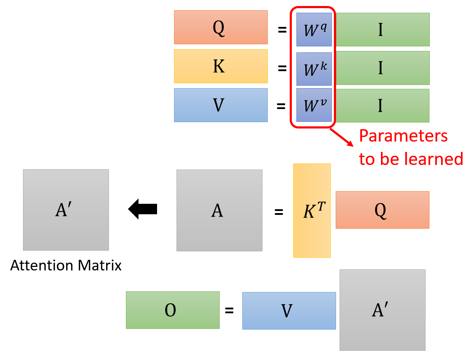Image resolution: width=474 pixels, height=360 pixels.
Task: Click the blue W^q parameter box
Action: click(x=314, y=29)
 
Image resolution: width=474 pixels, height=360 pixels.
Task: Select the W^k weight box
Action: click(x=314, y=69)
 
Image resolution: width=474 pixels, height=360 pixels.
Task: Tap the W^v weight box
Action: click(x=314, y=105)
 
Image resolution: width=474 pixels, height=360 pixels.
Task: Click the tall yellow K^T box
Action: click(x=312, y=210)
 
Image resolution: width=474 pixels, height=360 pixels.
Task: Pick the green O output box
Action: click(x=173, y=310)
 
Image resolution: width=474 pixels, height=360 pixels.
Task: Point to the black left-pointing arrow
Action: click(x=143, y=209)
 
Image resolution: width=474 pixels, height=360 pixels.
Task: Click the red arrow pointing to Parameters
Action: click(x=342, y=137)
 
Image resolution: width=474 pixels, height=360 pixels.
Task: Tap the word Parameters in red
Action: click(x=403, y=136)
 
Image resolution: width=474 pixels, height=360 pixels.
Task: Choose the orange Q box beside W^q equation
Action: click(x=221, y=27)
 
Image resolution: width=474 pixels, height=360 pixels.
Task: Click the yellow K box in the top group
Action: click(x=221, y=66)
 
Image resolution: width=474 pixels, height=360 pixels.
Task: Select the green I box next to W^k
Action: click(x=382, y=68)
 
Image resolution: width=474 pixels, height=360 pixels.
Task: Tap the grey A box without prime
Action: click(x=219, y=210)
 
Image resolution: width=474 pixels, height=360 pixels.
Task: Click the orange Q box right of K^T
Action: click(x=382, y=210)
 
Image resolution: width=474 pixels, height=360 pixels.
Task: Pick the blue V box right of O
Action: click(x=289, y=311)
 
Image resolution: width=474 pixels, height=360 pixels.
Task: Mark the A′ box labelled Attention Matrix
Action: click(x=66, y=210)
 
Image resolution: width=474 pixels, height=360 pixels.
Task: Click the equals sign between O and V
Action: click(x=229, y=311)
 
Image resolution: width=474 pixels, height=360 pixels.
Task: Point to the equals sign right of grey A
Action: click(x=279, y=212)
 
